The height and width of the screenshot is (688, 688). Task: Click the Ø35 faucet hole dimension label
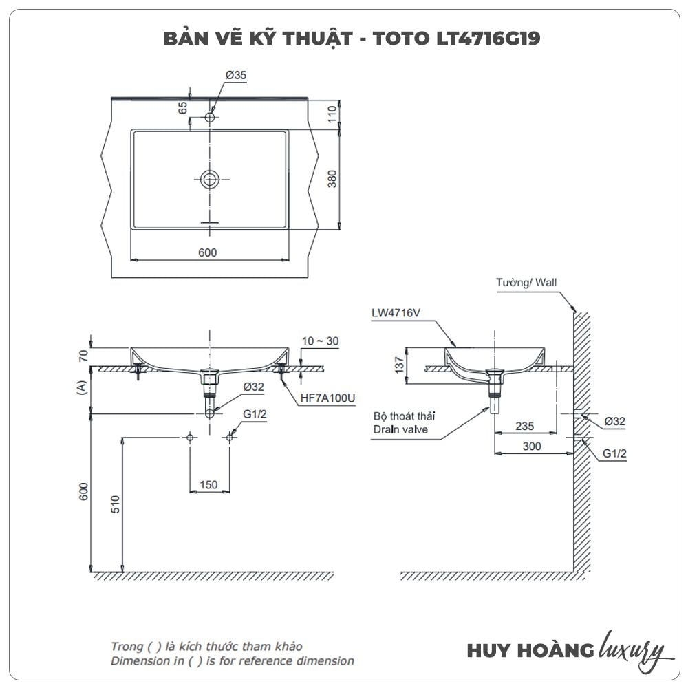(235, 76)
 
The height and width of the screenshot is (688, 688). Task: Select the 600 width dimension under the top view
(207, 252)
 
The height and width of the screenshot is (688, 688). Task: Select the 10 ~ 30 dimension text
(320, 341)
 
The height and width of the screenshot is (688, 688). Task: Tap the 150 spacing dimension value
(208, 485)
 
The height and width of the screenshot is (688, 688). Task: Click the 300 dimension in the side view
(532, 446)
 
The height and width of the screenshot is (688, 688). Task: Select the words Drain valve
(400, 429)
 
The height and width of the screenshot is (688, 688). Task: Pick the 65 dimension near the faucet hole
(183, 108)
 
